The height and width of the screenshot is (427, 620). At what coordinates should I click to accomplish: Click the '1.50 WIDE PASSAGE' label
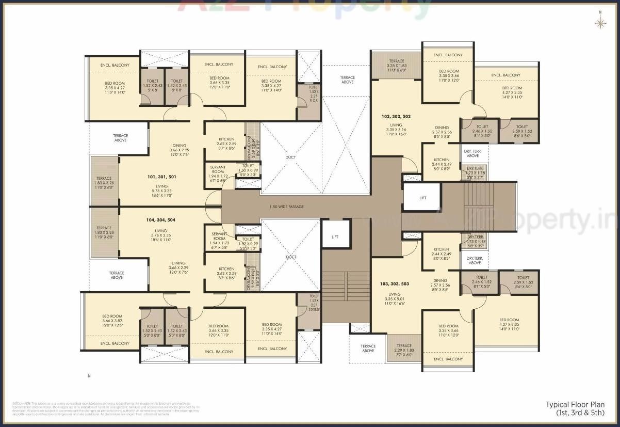[287, 207]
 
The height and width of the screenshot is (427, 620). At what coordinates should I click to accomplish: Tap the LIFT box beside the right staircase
[422, 197]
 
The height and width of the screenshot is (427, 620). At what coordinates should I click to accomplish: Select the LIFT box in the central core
[335, 236]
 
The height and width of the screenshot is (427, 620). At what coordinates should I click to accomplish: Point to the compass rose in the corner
[600, 22]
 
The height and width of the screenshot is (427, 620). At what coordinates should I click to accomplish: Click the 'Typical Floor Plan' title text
[575, 405]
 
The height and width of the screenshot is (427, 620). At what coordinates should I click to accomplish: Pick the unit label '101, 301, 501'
[161, 177]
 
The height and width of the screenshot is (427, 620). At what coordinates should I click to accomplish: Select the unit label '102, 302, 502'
[396, 117]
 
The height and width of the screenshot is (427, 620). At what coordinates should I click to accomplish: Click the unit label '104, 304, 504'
[161, 220]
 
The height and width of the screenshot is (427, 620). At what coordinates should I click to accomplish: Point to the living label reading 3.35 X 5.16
[396, 129]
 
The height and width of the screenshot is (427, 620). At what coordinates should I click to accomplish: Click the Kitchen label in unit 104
[226, 273]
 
